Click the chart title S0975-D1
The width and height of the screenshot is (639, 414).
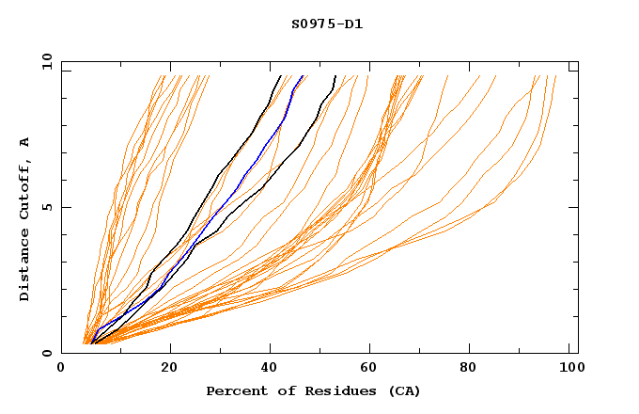click(x=327, y=24)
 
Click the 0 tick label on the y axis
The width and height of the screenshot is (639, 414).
click(x=46, y=353)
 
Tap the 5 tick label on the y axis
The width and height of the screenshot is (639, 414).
click(x=46, y=207)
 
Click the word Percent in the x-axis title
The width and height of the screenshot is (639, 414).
click(x=235, y=390)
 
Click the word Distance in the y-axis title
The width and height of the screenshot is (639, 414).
click(x=25, y=267)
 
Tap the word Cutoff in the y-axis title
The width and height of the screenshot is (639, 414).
click(x=25, y=185)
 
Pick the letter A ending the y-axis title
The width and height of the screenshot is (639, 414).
click(x=25, y=142)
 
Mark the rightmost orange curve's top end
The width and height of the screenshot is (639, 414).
click(x=555, y=76)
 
